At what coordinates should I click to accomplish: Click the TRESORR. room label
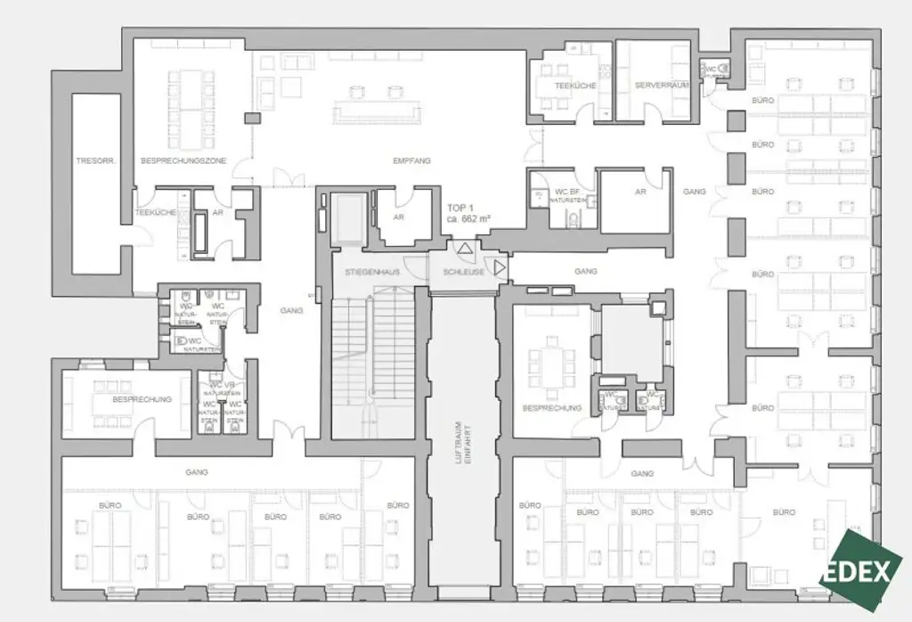[92, 160]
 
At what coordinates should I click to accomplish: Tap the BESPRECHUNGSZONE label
[183, 160]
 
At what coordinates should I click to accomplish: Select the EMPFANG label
[411, 160]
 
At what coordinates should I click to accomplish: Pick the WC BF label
[567, 192]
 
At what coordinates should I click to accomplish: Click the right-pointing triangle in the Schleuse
[501, 266]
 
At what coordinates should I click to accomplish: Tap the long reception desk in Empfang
[377, 110]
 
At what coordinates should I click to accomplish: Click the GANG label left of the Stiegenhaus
[291, 310]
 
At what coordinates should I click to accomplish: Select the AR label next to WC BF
[640, 192]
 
